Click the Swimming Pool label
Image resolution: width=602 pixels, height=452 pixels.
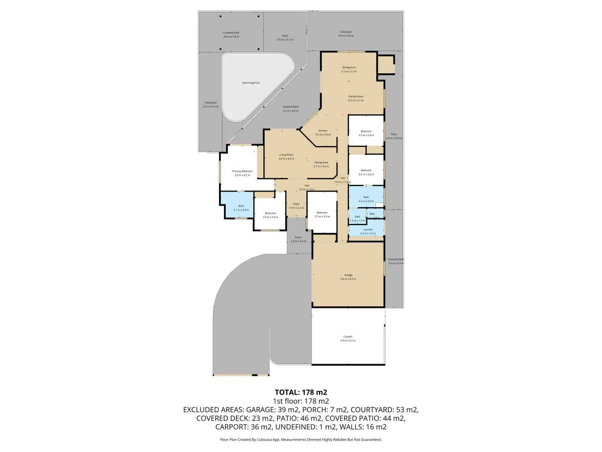coord(251,83)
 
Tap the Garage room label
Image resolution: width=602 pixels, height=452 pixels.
coord(348,275)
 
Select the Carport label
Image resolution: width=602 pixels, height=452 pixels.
coord(348,336)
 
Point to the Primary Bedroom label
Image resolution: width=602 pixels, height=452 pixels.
coord(242,171)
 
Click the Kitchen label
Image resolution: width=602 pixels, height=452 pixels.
coord(323,131)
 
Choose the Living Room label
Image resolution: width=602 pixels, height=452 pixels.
coord(286,155)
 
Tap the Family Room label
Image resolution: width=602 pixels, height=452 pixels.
coord(356,96)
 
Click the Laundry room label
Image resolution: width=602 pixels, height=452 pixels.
coord(368,229)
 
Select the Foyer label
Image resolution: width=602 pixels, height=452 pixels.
coord(296,204)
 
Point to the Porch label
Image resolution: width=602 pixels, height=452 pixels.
coord(298,237)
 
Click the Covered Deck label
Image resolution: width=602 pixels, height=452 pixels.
coord(231,33)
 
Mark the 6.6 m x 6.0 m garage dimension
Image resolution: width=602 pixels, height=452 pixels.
coord(348,279)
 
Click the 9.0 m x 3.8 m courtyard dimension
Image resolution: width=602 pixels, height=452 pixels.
coord(346,36)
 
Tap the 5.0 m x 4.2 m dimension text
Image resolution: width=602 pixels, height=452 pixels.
coord(242,175)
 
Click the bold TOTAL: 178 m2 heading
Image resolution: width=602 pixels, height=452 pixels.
coord(301,392)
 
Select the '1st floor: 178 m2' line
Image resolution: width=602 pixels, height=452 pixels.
coord(301,401)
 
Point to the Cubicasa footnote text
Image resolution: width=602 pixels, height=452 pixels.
coord(301,439)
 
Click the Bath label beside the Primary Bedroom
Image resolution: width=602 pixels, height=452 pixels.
coord(241,206)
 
